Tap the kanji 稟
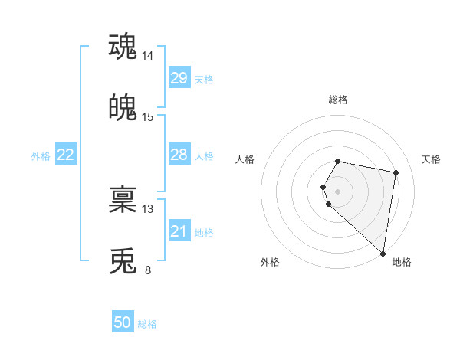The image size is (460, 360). click(x=123, y=201)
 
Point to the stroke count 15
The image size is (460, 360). click(x=148, y=117)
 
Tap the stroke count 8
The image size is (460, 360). click(x=148, y=270)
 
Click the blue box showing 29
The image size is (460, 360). click(x=179, y=78)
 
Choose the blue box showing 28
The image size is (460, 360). click(x=179, y=155)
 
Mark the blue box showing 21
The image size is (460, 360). click(x=179, y=231)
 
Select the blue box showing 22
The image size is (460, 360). click(x=66, y=155)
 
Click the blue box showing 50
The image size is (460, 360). click(x=123, y=322)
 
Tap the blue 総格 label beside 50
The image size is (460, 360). click(x=147, y=324)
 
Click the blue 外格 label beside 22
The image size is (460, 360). click(x=41, y=156)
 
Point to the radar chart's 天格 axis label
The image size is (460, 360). click(x=431, y=159)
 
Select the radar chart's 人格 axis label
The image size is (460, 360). click(x=245, y=159)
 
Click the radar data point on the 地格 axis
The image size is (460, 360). click(x=383, y=254)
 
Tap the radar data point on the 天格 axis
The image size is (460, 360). click(x=396, y=173)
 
